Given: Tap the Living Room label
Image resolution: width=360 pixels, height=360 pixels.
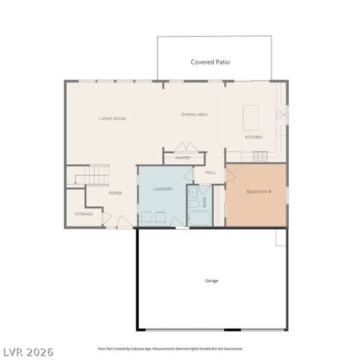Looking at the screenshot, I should click(x=112, y=118).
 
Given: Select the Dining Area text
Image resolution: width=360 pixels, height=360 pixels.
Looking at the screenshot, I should click(x=194, y=115).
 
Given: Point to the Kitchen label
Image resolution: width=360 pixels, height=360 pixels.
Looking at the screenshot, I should click(x=253, y=137).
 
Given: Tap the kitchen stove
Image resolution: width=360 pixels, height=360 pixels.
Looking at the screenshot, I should click(x=260, y=156).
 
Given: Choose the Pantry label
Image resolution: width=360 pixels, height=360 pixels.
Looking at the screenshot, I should click(x=183, y=157).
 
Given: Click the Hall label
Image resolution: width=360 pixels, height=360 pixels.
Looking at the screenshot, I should click(x=211, y=172).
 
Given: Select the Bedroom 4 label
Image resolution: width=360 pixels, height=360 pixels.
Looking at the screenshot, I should click(x=259, y=192).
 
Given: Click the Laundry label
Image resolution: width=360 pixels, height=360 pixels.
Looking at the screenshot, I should click(x=163, y=189).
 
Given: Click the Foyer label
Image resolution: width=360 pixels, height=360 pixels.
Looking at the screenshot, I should click(x=115, y=193).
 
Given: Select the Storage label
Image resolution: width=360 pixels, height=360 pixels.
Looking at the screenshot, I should click(x=83, y=214).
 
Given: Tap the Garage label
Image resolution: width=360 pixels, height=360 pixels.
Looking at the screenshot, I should click(x=211, y=280).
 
